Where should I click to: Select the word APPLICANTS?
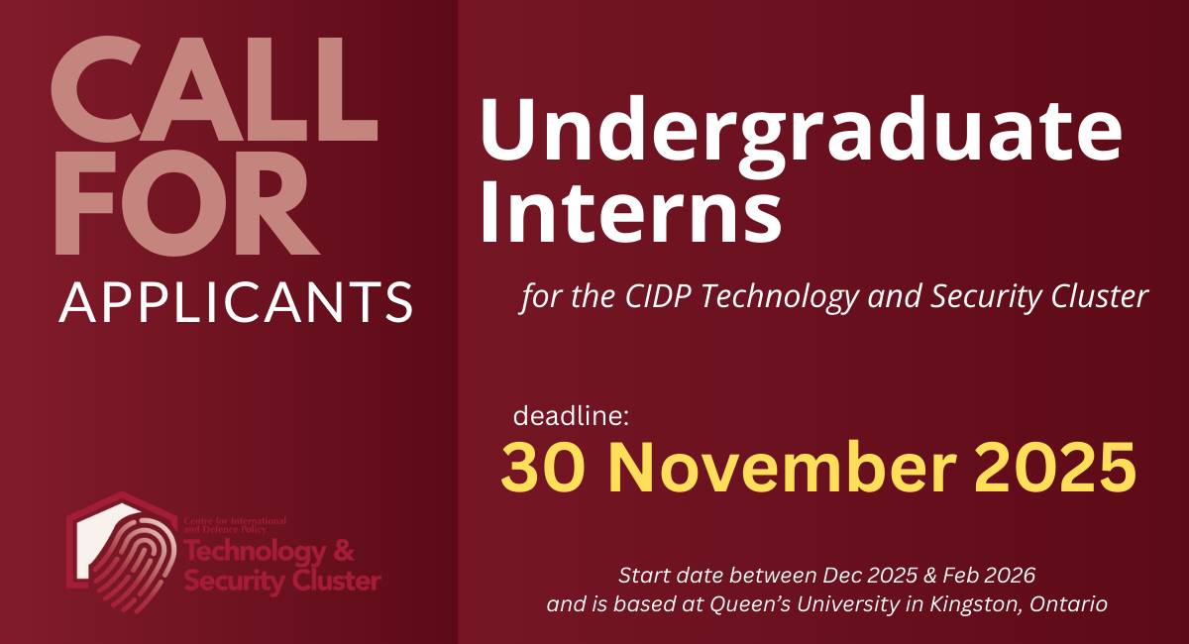236,302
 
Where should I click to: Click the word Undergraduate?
801,137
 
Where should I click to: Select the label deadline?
572,415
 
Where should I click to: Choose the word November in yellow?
769,468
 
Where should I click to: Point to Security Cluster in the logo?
281,581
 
